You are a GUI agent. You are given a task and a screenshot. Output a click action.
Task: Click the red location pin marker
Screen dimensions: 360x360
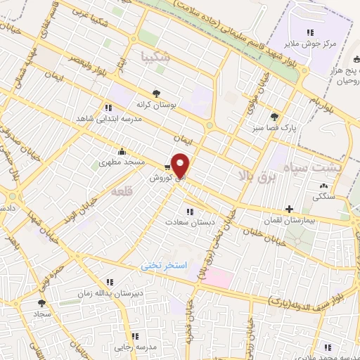[181, 166]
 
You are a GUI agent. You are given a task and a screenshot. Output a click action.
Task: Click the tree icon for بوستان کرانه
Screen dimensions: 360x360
[157, 92]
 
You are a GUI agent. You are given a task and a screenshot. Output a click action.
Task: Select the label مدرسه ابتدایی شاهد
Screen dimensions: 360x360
[109, 119]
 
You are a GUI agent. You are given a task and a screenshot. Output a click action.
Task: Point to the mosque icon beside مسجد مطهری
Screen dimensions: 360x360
[123, 150]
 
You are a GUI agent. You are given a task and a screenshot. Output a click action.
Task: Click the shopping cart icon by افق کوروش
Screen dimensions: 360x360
[167, 167]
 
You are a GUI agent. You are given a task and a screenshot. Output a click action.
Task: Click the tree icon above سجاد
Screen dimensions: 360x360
[41, 303]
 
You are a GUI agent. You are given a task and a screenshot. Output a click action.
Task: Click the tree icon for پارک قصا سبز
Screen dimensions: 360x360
[274, 117]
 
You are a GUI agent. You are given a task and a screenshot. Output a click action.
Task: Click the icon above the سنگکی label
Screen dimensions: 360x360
[323, 186]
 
